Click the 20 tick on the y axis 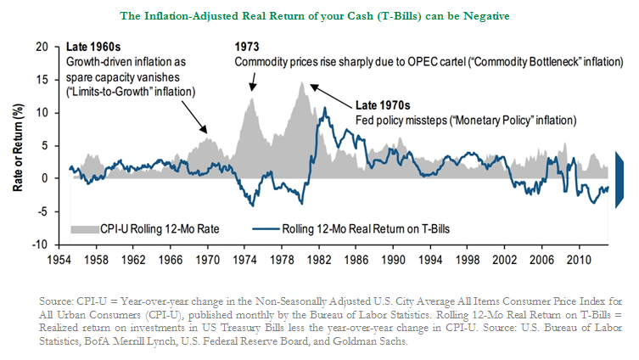(42, 48)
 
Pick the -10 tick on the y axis (41, 244)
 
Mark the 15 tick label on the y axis (42, 81)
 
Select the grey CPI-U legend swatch (87, 228)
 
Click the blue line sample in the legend (269, 228)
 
